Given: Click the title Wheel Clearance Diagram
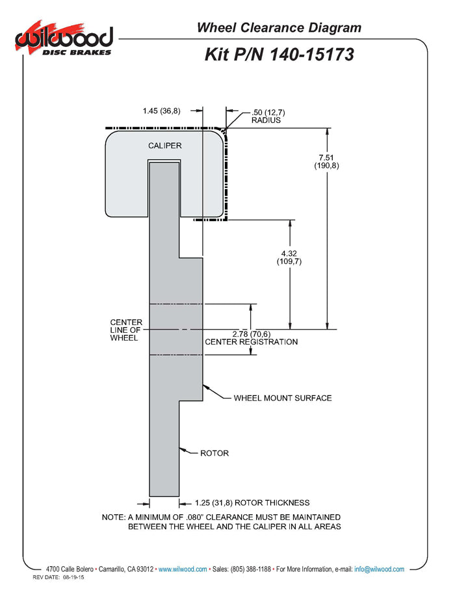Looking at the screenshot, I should coord(279,27).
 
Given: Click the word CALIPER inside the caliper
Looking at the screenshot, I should coord(164,146).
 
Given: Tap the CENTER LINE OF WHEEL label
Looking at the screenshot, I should coord(126,330).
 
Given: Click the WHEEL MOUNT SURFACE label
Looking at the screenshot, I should coord(283,398).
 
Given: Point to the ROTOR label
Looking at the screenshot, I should coord(214,452).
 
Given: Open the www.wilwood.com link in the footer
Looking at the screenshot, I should coord(183,569).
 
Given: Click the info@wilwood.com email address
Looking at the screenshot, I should coord(379,569).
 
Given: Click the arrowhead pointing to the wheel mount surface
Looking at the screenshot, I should coord(206,387).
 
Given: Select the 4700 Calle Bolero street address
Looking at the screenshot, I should coord(70,569).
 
